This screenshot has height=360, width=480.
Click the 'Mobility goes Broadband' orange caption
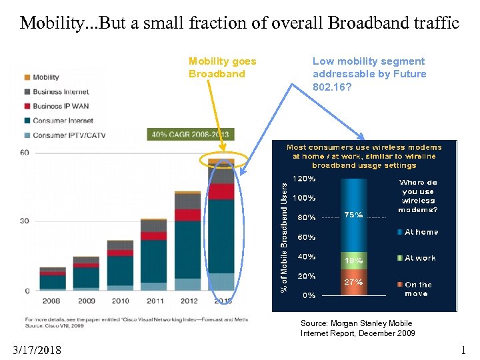[222, 67]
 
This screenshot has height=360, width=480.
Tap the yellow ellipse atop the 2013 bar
[223, 160]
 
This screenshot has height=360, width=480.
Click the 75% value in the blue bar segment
[353, 215]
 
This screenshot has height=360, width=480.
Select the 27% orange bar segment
[353, 282]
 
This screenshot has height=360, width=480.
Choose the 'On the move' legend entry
[418, 289]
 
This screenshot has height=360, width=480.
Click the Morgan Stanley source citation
[357, 328]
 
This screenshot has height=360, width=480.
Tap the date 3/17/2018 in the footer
[37, 350]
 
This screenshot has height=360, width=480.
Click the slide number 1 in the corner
[464, 350]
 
